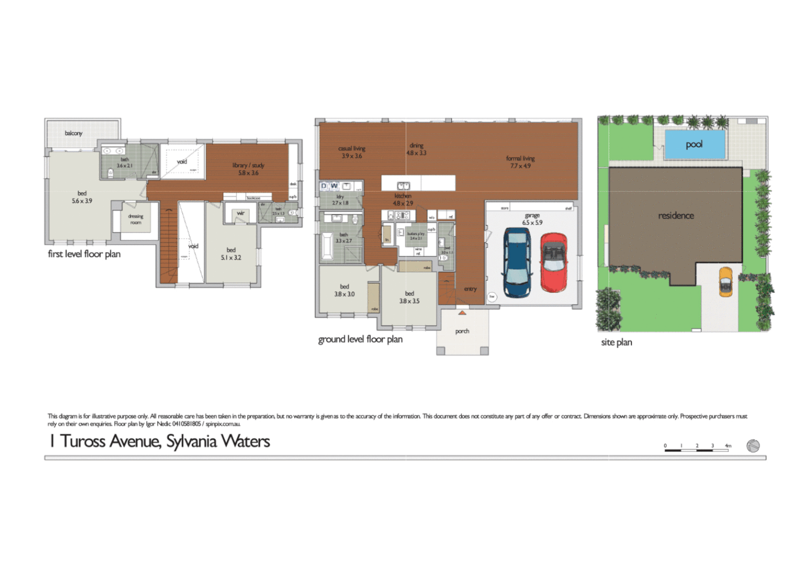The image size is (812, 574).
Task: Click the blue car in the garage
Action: pyautogui.click(x=517, y=263)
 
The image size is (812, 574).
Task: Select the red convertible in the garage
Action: pyautogui.click(x=554, y=263)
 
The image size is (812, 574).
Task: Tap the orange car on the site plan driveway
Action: pyautogui.click(x=725, y=282)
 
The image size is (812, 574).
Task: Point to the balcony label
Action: pyautogui.click(x=74, y=133)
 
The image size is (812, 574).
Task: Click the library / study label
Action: pyautogui.click(x=248, y=165)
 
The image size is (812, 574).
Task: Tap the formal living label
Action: pyautogui.click(x=520, y=158)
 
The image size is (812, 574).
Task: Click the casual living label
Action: pyautogui.click(x=352, y=149)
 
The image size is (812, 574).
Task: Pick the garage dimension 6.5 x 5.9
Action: pyautogui.click(x=532, y=223)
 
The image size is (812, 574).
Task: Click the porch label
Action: pyautogui.click(x=462, y=331)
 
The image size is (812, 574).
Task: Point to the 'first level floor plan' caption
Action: pyautogui.click(x=84, y=254)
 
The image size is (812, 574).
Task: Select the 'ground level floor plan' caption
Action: pyautogui.click(x=360, y=339)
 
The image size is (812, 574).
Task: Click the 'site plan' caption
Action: pyautogui.click(x=616, y=342)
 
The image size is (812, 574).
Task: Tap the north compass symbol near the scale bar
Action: pyautogui.click(x=753, y=446)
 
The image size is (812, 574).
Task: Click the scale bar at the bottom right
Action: pyautogui.click(x=697, y=450)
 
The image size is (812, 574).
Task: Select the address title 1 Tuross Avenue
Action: pyautogui.click(x=160, y=441)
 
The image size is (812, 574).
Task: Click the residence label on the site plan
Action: pyautogui.click(x=676, y=216)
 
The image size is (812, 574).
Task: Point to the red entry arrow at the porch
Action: pyautogui.click(x=462, y=313)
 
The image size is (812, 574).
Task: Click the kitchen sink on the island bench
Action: pyautogui.click(x=404, y=185)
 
